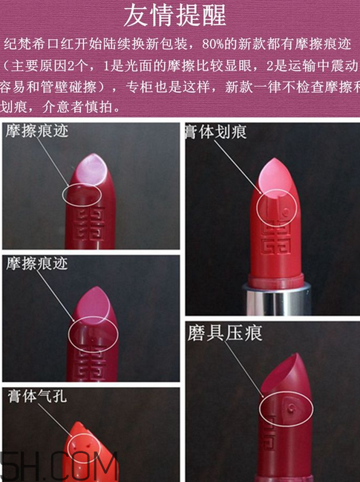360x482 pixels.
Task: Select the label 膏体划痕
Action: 216,132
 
